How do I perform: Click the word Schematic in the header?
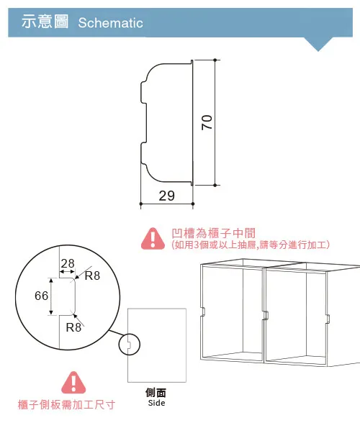tap(110, 23)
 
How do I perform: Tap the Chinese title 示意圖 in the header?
tap(45, 22)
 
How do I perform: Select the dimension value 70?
tap(207, 122)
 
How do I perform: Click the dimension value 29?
tap(166, 196)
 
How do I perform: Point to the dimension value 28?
tap(68, 263)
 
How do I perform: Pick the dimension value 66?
tap(41, 296)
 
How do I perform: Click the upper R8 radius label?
tap(92, 276)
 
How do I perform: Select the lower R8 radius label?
tap(73, 327)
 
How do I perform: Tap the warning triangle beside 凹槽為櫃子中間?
tap(153, 239)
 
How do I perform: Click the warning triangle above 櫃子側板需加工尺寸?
tap(73, 383)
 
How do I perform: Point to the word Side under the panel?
tap(156, 403)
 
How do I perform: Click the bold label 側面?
tap(156, 393)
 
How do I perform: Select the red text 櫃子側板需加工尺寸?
tap(66, 404)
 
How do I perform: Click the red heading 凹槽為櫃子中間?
tap(214, 233)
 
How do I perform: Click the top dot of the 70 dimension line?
tap(215, 60)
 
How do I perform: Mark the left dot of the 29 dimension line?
tap(141, 204)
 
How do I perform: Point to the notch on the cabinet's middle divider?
tap(266, 315)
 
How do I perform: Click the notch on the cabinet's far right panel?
tap(328, 318)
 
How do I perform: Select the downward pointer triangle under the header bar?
tap(318, 44)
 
